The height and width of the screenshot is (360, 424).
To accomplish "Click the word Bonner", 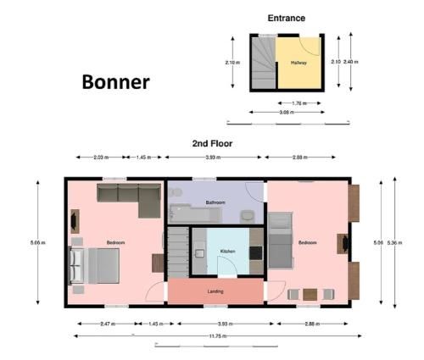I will [115, 82].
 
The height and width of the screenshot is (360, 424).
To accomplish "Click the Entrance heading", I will [286, 18].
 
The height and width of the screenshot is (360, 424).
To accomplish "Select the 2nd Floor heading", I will [212, 144].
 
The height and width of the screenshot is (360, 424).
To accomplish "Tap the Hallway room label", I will [299, 63].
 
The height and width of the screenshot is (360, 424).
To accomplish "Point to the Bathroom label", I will [216, 202].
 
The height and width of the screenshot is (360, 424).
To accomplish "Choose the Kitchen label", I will [227, 252].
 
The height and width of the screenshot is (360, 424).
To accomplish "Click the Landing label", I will [215, 292].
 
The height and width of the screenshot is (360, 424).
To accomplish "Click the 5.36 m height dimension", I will [391, 243].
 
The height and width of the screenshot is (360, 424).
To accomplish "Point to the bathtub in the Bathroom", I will [189, 212].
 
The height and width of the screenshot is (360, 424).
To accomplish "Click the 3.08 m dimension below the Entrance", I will [286, 112].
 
